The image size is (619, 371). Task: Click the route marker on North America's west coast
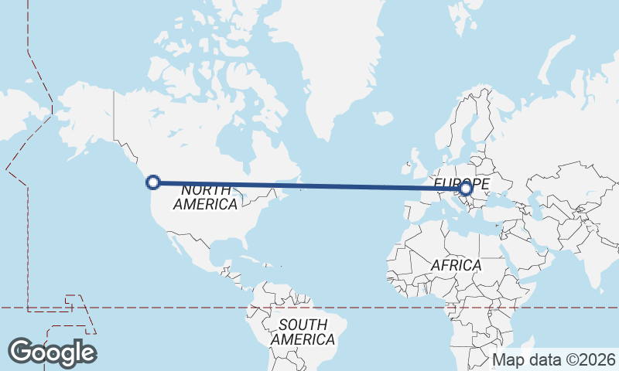[x=153, y=182]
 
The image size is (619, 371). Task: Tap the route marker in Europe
[x=465, y=187]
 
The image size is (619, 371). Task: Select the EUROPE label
[x=461, y=182]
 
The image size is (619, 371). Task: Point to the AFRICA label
[x=456, y=265]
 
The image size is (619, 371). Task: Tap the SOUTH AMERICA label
[x=303, y=332]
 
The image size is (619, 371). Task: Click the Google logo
[x=52, y=352]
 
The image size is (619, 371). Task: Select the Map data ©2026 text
[x=554, y=359]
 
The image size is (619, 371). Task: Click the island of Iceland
[x=383, y=119]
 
